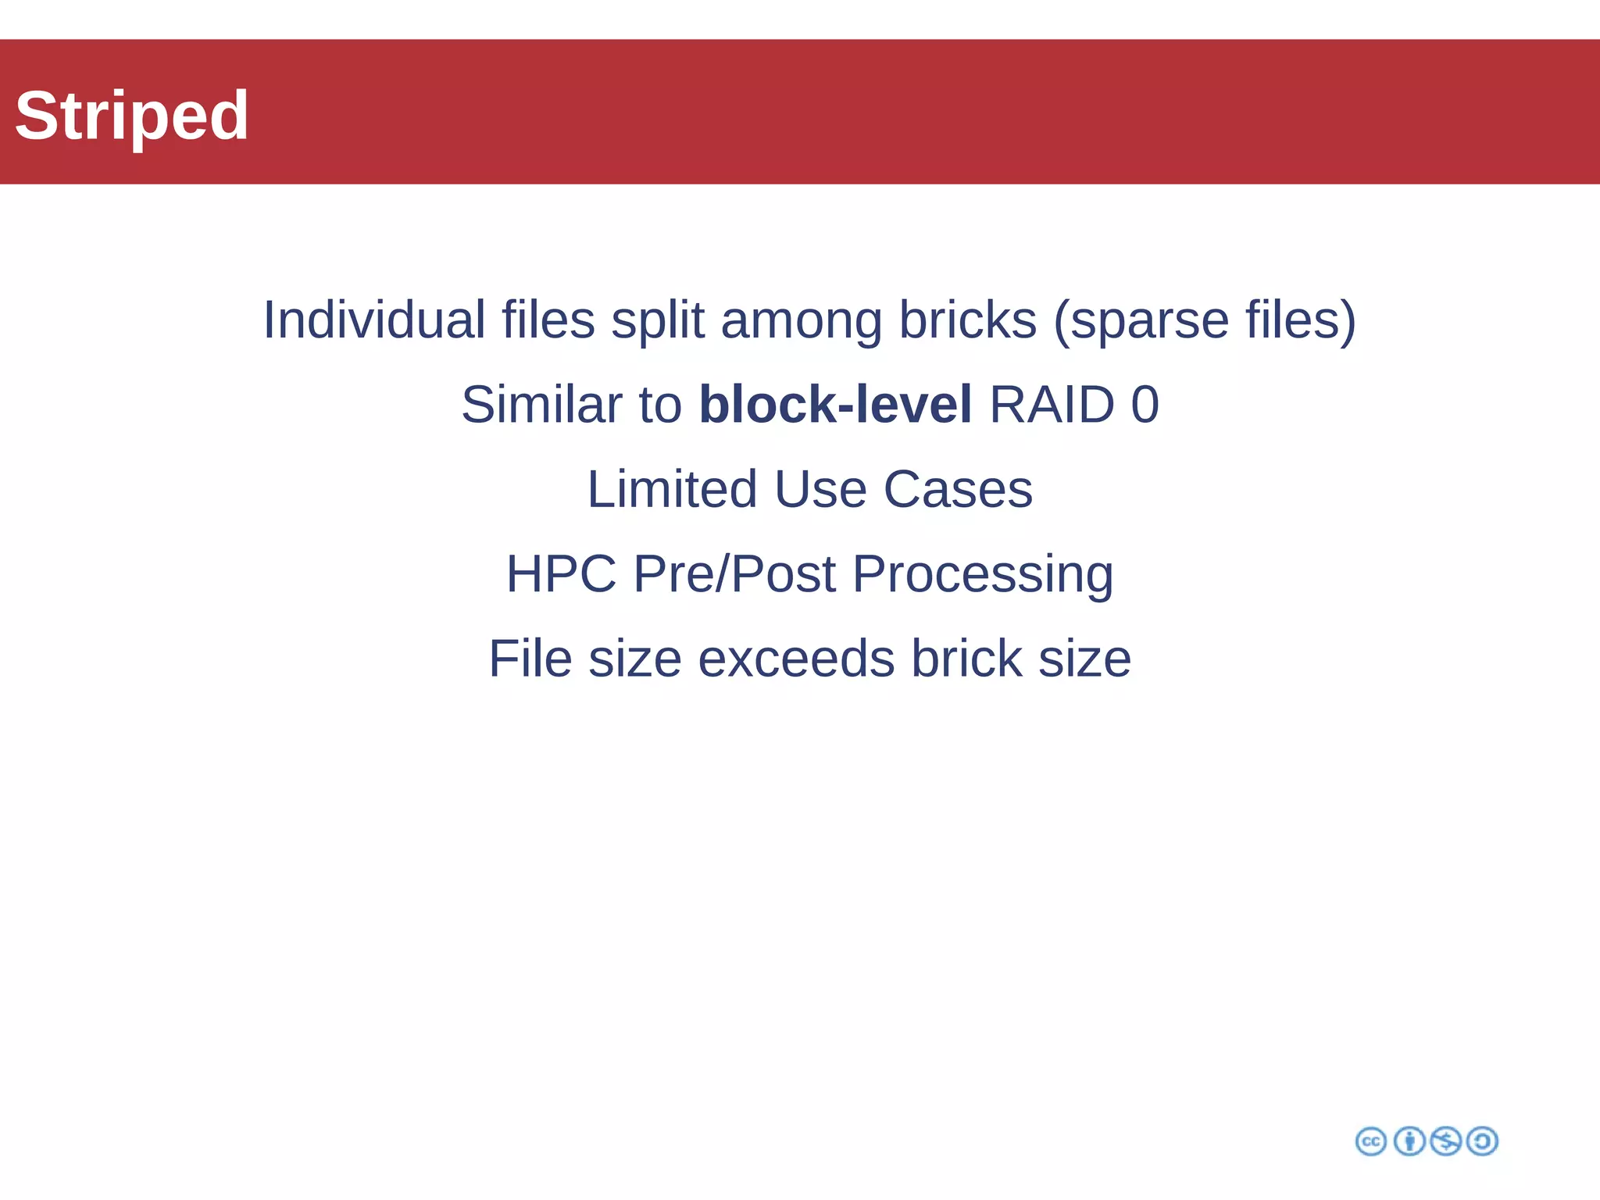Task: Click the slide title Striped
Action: click(131, 116)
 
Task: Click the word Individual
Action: click(374, 320)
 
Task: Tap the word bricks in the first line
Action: click(967, 320)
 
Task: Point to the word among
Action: click(802, 320)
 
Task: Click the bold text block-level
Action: click(835, 404)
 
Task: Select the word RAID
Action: click(1052, 404)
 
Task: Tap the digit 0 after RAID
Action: click(1145, 404)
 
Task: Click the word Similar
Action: click(541, 404)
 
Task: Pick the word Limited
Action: click(672, 489)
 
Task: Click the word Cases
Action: click(958, 489)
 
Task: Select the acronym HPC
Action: click(561, 573)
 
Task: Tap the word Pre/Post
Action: click(734, 573)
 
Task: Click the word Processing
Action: click(983, 573)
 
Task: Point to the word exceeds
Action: click(796, 658)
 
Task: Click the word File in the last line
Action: click(530, 658)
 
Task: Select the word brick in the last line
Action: click(966, 658)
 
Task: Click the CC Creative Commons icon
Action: click(1370, 1141)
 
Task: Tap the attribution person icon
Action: click(1409, 1141)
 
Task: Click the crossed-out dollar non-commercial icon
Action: click(1445, 1141)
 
